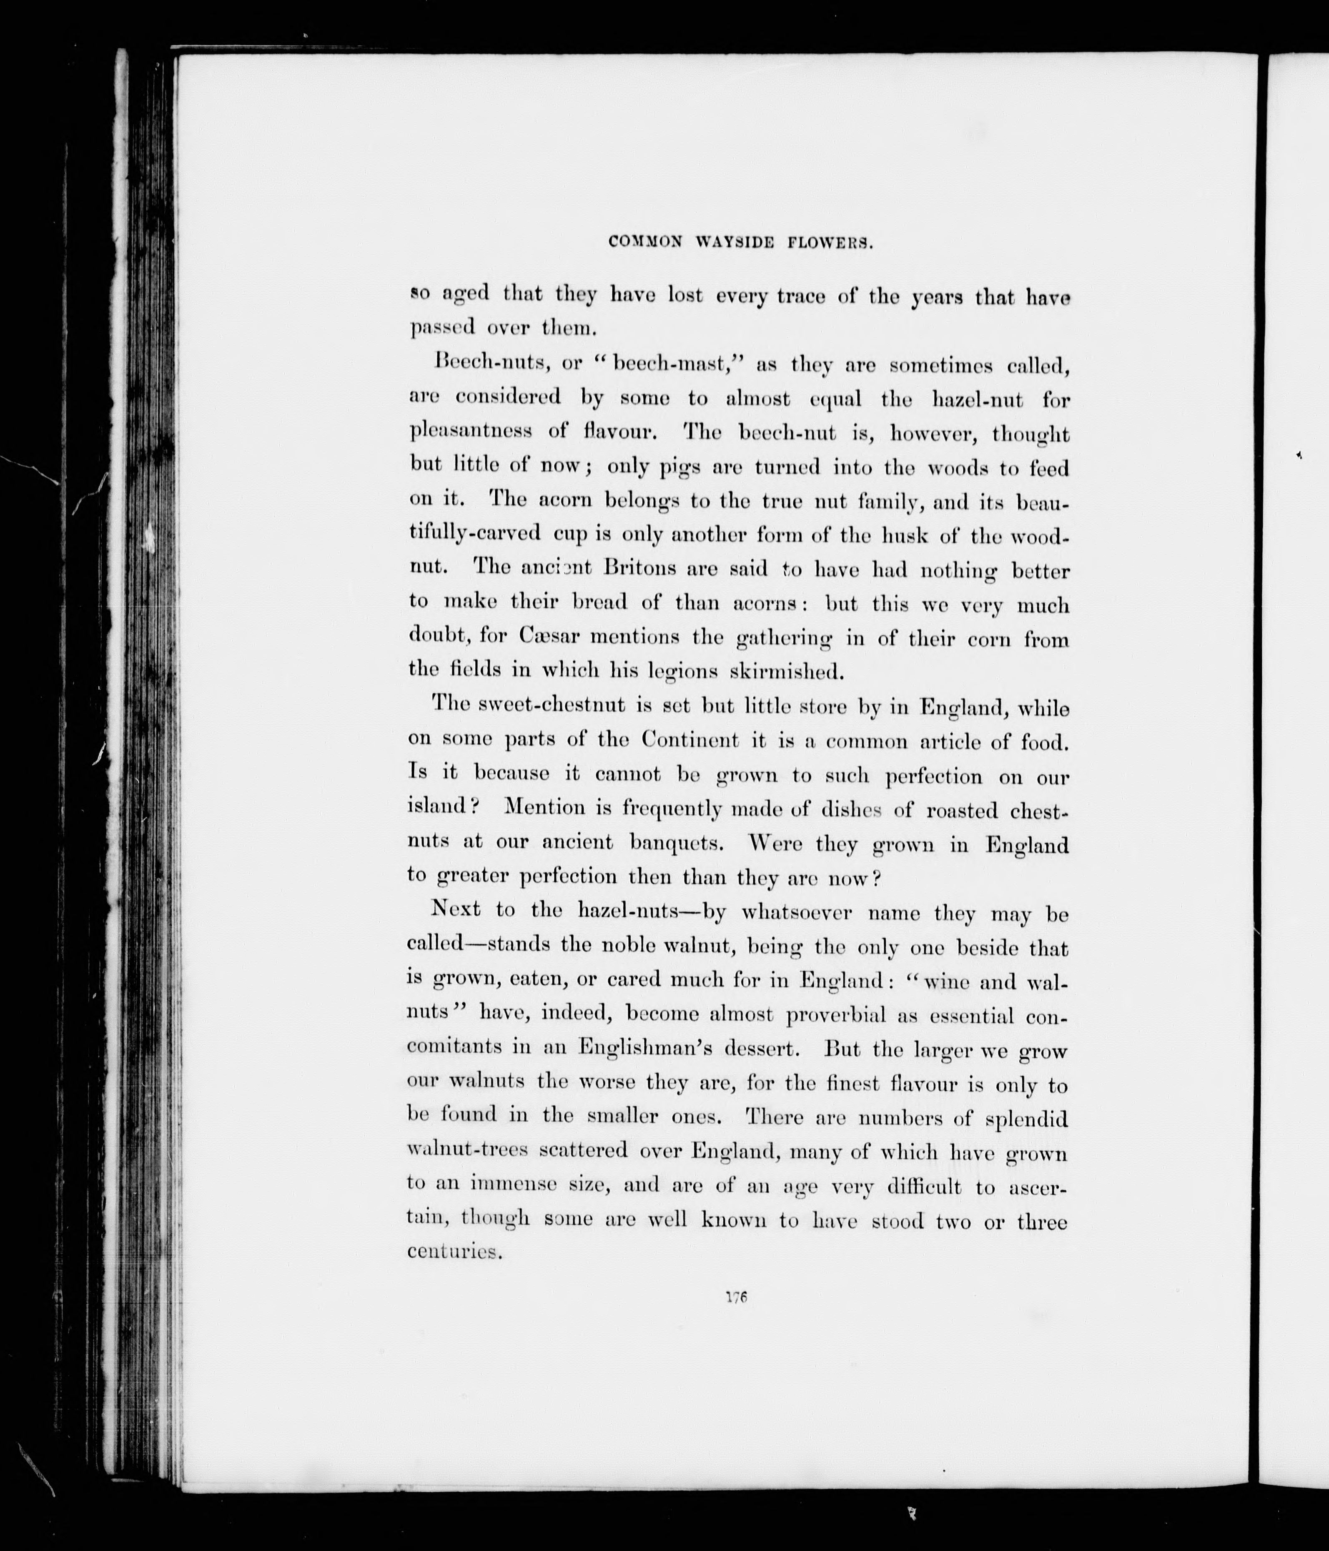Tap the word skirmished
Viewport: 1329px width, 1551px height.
[x=787, y=671]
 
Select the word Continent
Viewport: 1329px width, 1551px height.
[x=689, y=740]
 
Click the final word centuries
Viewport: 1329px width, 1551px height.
[x=454, y=1252]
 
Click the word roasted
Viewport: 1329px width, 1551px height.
[x=962, y=810]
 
